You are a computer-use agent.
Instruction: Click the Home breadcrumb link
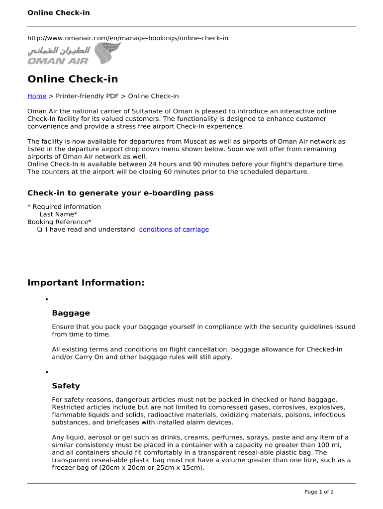(36, 96)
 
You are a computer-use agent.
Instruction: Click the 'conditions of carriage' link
(174, 229)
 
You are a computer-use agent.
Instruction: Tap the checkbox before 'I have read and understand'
(39, 230)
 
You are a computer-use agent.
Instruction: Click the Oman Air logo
(74, 54)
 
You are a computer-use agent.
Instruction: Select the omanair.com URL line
(128, 38)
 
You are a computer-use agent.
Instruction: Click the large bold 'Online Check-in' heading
(73, 79)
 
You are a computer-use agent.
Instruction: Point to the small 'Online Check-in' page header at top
(59, 12)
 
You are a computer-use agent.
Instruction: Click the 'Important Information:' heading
(86, 283)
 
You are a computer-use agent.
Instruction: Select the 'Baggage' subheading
(71, 313)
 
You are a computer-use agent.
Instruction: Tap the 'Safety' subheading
(66, 386)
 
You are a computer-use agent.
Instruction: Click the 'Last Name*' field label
(58, 214)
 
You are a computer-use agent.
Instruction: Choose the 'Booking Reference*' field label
(59, 222)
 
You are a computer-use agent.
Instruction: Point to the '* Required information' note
(64, 207)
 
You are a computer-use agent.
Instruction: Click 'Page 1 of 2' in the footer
(319, 492)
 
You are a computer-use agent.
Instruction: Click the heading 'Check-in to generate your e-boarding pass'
(120, 193)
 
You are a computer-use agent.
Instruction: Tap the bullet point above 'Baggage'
(46, 300)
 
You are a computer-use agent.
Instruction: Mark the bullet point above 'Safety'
(46, 372)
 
